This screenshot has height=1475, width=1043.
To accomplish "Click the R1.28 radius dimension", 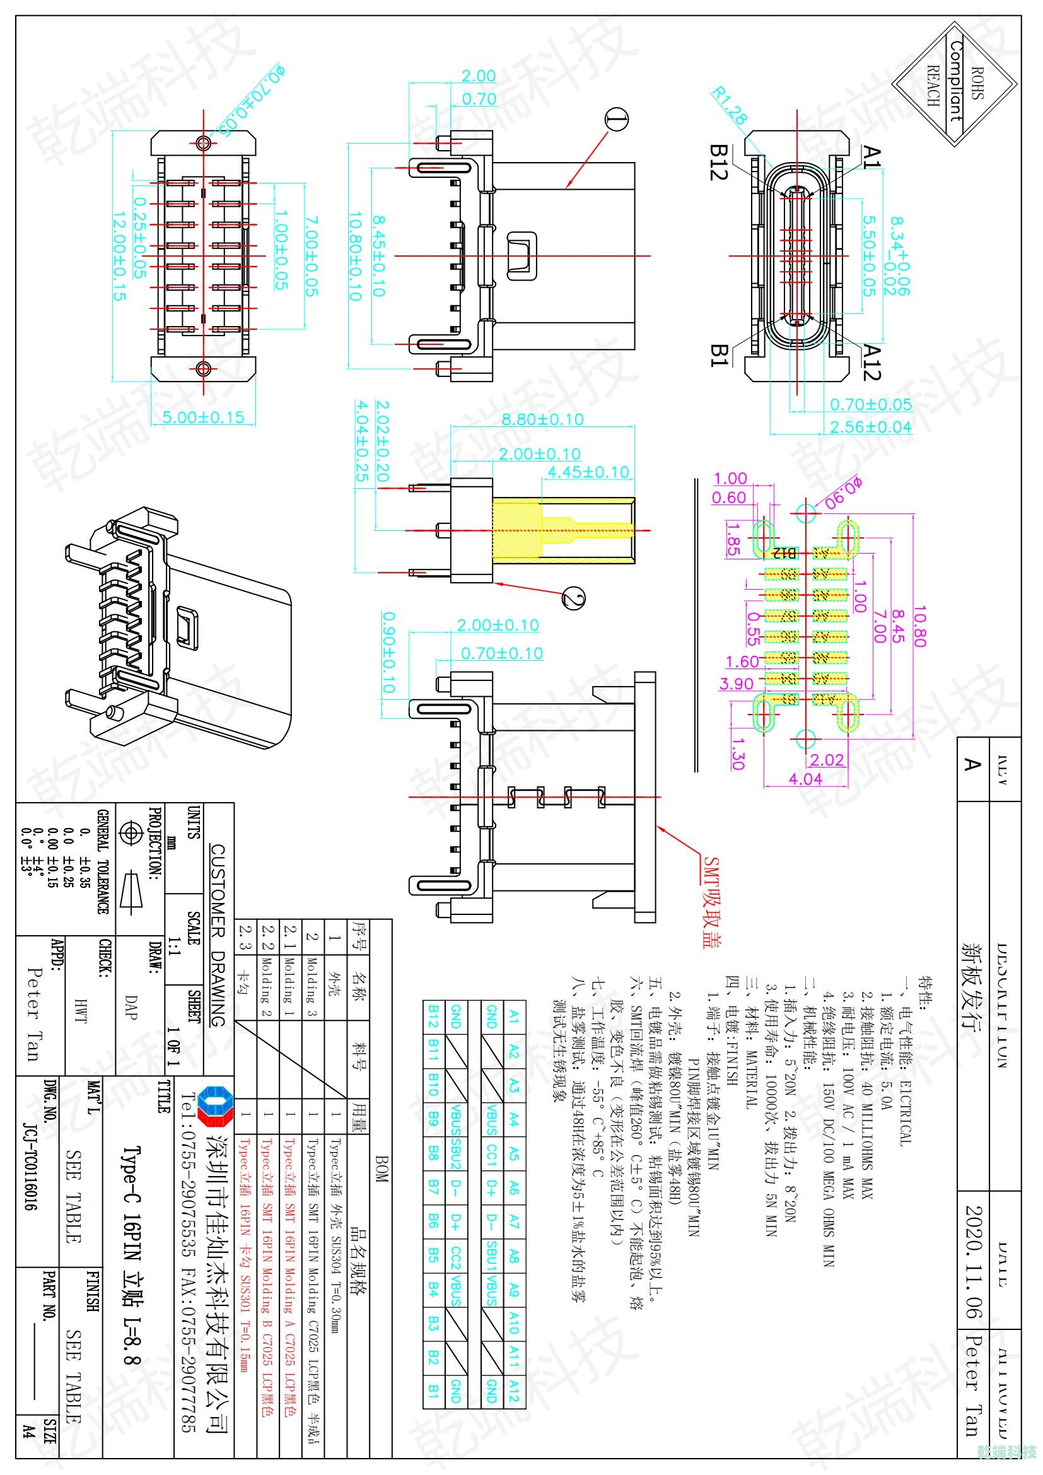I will (730, 105).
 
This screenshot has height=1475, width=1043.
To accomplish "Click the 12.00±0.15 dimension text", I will (119, 256).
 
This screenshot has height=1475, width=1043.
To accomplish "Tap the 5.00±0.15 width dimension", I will (203, 417).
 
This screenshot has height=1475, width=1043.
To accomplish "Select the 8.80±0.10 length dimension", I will (542, 419).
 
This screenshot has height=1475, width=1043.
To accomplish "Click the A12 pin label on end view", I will (871, 361).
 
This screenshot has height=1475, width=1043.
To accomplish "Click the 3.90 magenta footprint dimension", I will (735, 684).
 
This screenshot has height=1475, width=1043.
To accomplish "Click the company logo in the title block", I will (213, 1107).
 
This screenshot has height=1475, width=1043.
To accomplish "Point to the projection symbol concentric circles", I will (131, 834).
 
